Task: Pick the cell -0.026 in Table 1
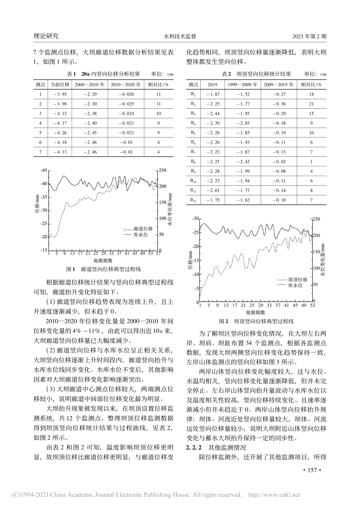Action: coord(126,94)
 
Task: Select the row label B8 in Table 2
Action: coord(193,161)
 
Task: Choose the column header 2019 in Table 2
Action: coord(212,84)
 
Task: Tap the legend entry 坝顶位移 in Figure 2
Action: coord(298,279)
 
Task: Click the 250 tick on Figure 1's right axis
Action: coord(163,170)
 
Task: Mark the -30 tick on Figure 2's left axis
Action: coord(196,219)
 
